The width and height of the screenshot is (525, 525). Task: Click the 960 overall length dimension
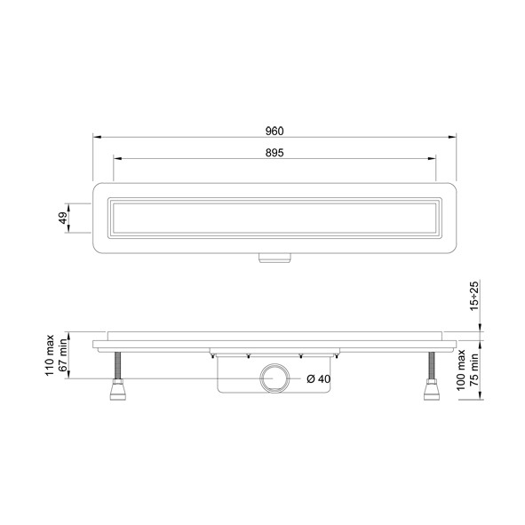(x=274, y=131)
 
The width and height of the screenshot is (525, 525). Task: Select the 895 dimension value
(x=274, y=153)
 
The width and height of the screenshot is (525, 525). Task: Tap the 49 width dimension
(x=63, y=218)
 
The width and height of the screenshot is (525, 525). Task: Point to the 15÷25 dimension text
(x=474, y=296)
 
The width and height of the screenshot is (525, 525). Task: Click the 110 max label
(x=50, y=355)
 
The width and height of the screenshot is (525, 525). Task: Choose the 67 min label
(x=62, y=355)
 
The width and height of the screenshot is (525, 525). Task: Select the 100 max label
(x=461, y=370)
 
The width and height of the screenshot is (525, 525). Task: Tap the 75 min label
(x=474, y=370)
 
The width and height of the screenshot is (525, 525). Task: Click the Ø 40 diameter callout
(x=318, y=379)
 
